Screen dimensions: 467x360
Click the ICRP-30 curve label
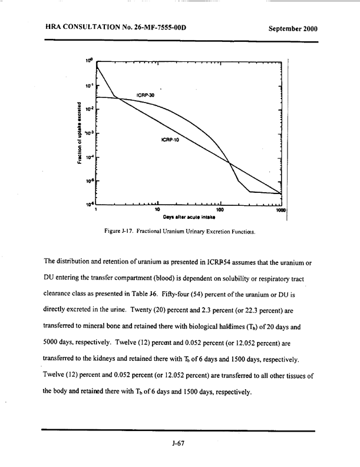pyautogui.click(x=146, y=95)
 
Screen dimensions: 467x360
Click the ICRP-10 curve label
pyautogui.click(x=170, y=140)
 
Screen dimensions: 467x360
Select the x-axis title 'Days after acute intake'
pyautogui.click(x=189, y=217)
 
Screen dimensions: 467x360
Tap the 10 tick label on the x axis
pyautogui.click(x=157, y=209)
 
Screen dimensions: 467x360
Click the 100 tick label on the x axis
pyautogui.click(x=220, y=209)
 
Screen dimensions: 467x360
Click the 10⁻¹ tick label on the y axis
pyautogui.click(x=89, y=85)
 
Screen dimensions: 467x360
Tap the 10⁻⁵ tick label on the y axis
pyautogui.click(x=89, y=181)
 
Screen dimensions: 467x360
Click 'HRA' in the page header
pyautogui.click(x=53, y=27)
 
